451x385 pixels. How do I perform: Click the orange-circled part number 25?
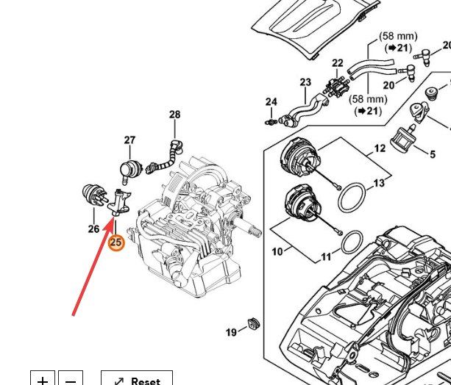(116, 241)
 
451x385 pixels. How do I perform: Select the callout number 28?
(174, 115)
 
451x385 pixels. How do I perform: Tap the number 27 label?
(129, 140)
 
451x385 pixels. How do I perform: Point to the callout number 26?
(93, 229)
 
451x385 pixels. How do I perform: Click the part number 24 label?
(271, 101)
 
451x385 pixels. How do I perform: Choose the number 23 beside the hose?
(305, 82)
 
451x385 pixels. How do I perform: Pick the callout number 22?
(338, 63)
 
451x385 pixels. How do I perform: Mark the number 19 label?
(231, 333)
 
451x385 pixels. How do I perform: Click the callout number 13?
(379, 183)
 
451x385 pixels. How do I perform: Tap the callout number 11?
(326, 257)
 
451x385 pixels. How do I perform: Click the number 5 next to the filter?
(433, 154)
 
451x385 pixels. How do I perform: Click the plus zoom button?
(43, 378)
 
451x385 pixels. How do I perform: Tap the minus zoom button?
(71, 378)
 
